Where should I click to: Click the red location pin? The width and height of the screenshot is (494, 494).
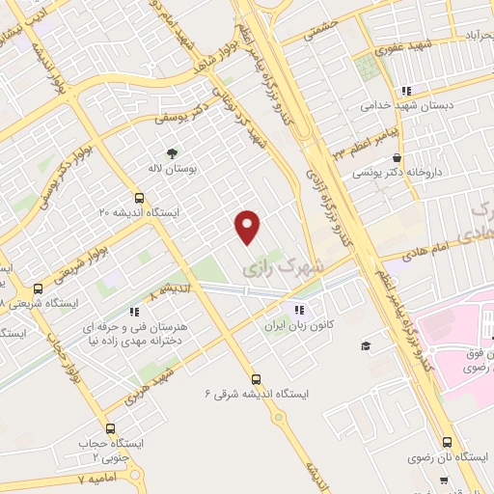pyautogui.click(x=248, y=226)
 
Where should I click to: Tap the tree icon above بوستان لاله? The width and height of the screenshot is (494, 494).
pyautogui.click(x=173, y=152)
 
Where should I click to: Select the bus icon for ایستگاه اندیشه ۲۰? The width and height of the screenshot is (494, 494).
pyautogui.click(x=139, y=197)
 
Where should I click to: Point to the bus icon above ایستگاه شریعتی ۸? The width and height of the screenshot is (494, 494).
pyautogui.click(x=39, y=288)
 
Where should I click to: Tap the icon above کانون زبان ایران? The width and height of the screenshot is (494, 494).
pyautogui.click(x=299, y=310)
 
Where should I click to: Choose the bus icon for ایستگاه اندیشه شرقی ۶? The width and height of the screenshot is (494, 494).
pyautogui.click(x=256, y=379)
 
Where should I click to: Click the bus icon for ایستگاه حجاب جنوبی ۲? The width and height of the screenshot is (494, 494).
pyautogui.click(x=109, y=428)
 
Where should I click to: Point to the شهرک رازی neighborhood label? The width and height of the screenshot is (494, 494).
pyautogui.click(x=295, y=259)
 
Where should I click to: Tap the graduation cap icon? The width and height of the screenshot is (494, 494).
pyautogui.click(x=366, y=345)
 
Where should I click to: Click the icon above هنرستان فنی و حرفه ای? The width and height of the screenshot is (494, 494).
pyautogui.click(x=135, y=311)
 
